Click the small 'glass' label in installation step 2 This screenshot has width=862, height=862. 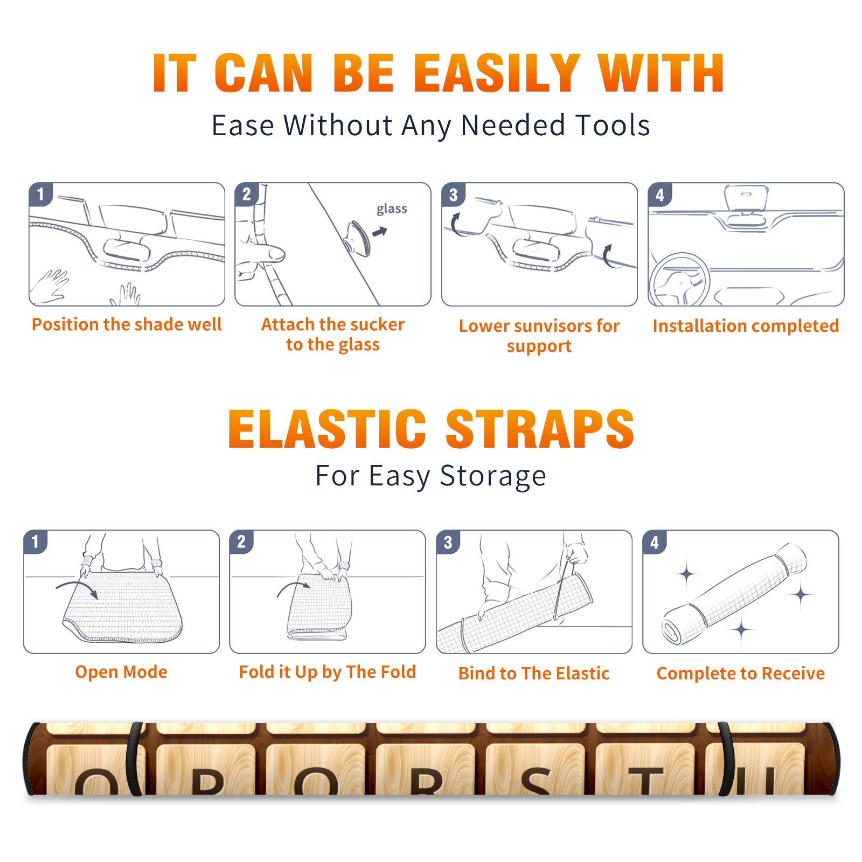click(392, 209)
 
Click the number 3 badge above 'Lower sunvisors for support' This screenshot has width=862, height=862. click(453, 194)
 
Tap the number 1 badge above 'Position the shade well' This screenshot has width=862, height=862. click(40, 194)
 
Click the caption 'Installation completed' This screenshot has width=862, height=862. click(746, 325)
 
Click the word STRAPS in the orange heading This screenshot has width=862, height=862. click(540, 429)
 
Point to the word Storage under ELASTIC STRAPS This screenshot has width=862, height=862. click(493, 476)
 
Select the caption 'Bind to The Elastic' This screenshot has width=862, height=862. click(533, 673)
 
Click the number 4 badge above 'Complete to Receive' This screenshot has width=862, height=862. click(654, 542)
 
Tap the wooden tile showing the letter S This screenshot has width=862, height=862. click(535, 769)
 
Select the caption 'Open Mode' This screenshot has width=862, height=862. click(121, 672)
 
